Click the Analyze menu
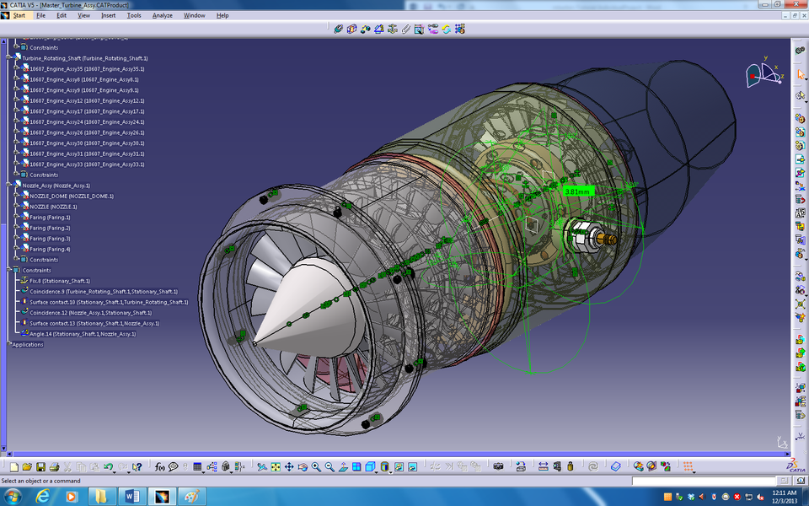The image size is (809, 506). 162,15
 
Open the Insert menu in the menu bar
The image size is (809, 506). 108,15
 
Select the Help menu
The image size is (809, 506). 222,15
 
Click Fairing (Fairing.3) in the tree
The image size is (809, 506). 50,239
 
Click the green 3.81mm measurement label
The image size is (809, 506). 578,191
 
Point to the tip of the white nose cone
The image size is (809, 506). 254,342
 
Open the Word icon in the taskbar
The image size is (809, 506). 131,496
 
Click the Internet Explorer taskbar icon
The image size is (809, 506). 43,496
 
